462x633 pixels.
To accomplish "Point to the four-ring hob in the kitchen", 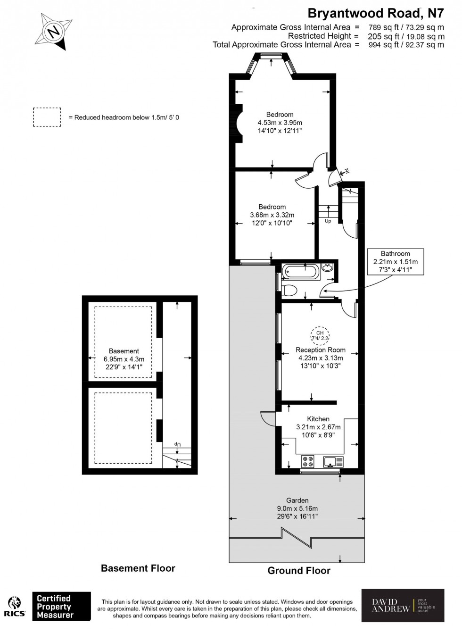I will tap(308, 460).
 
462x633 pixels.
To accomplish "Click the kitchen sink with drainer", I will tap(333, 461).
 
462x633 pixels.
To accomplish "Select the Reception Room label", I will tap(321, 350).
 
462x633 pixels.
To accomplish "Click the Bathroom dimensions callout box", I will tap(396, 261).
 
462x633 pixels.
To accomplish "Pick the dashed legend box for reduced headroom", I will tap(47, 117).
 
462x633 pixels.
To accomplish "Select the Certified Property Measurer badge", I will tap(61, 606).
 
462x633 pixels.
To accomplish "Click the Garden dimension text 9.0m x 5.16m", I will tap(297, 508).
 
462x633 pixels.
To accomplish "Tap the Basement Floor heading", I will tap(138, 568).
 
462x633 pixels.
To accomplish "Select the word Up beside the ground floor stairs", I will tap(328, 221).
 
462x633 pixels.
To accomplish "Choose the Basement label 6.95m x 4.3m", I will tap(124, 359).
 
